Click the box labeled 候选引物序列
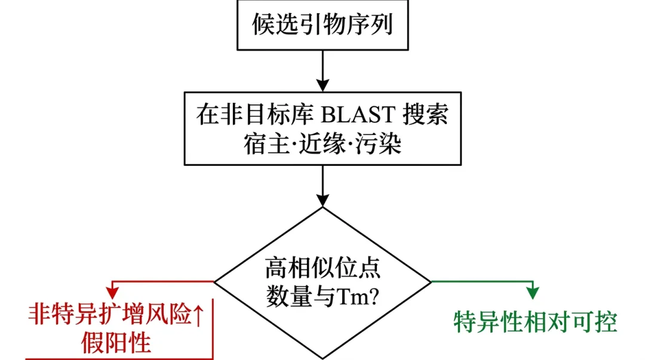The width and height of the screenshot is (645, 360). (322, 25)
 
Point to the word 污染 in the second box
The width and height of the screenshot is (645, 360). (383, 144)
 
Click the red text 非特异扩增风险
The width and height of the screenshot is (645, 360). (110, 313)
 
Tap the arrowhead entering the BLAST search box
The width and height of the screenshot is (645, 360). (322, 85)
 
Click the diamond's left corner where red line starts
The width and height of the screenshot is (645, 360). (216, 281)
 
